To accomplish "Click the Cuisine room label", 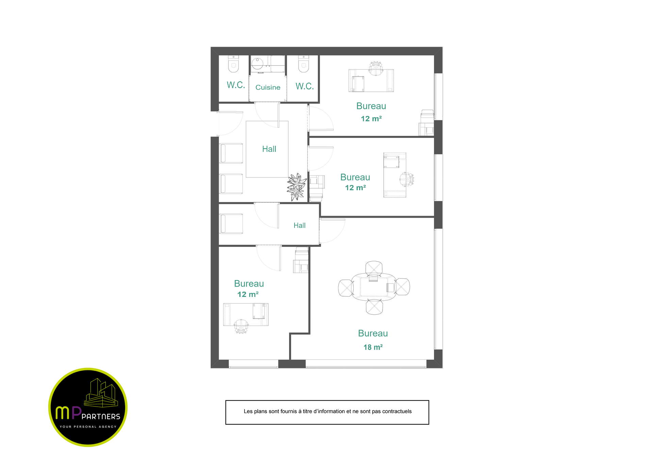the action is [x=268, y=87].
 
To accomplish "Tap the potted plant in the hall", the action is [x=296, y=187].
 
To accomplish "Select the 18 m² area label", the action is [x=373, y=347].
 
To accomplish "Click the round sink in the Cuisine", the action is [x=257, y=64].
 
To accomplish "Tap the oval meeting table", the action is [x=374, y=287].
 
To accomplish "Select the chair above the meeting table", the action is [x=374, y=268].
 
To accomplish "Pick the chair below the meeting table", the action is [x=374, y=307].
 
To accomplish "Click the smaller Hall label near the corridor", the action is [x=299, y=225].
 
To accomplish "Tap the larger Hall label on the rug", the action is [x=269, y=149].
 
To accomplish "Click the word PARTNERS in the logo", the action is [x=101, y=416].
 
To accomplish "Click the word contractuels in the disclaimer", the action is [x=397, y=411].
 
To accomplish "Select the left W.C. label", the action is [x=236, y=85].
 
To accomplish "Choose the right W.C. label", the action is [x=305, y=86].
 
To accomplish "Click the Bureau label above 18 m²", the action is [x=373, y=333].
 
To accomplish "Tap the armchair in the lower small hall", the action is [x=232, y=224].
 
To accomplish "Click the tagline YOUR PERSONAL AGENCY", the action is [x=88, y=427].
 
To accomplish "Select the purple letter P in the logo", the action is [x=77, y=413].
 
